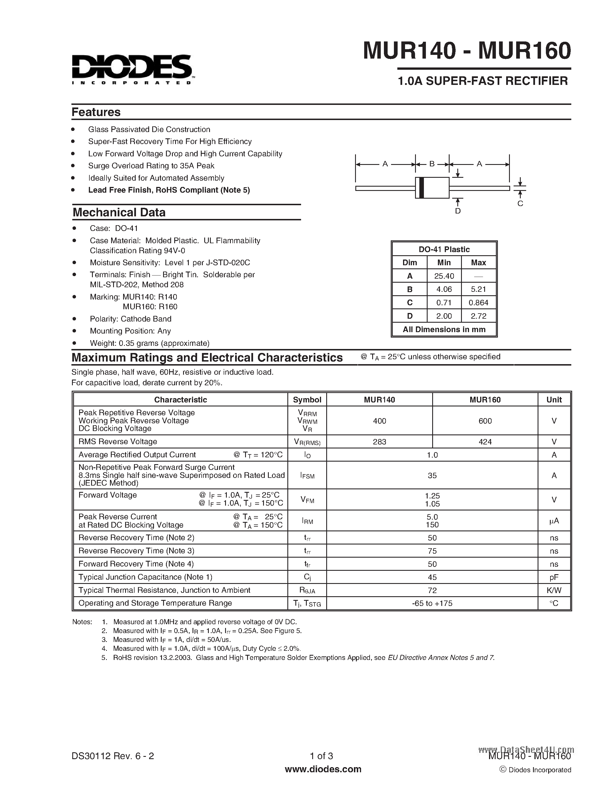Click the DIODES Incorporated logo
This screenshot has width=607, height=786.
point(132,69)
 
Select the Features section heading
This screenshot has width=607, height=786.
point(96,112)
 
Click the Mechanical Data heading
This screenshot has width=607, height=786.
point(119,212)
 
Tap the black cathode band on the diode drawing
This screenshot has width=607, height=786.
point(421,188)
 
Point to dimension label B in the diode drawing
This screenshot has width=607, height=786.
point(432,164)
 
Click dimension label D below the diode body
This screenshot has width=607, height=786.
point(458,211)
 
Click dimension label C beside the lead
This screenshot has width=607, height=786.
point(520,203)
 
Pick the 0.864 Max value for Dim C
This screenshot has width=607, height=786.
point(478,303)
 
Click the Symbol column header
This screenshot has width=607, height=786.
point(307,400)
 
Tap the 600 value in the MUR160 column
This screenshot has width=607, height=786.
point(485,421)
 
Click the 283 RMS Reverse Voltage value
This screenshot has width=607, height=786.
point(379,442)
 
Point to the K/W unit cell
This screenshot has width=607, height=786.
point(554,590)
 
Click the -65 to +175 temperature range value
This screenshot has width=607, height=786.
point(432,603)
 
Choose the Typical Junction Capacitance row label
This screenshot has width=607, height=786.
point(145,577)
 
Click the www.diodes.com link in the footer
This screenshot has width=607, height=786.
point(322,769)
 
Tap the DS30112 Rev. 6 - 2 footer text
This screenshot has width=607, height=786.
point(113,756)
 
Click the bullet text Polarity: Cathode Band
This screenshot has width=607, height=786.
point(131,319)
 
